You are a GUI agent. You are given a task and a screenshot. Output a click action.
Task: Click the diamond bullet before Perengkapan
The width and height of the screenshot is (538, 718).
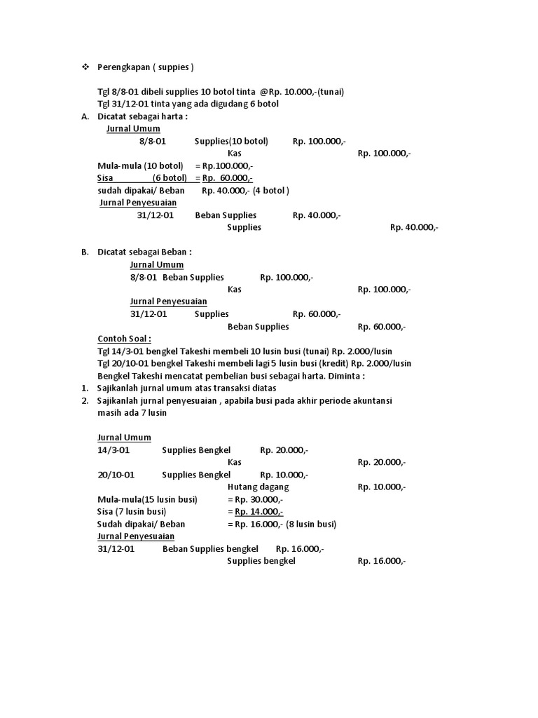point(85,67)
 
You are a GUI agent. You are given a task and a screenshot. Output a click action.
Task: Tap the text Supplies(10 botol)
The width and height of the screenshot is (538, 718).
point(231,141)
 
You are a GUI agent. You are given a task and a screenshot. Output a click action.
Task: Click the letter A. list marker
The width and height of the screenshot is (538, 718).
point(85,116)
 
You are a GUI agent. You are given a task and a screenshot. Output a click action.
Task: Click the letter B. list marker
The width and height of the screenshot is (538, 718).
point(85,252)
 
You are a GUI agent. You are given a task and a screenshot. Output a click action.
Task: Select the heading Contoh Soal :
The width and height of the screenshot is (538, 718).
point(125,339)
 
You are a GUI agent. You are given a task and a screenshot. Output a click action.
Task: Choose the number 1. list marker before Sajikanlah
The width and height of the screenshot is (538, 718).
point(84,388)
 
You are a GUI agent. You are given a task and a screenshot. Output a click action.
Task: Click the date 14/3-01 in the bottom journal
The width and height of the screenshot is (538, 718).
point(114,449)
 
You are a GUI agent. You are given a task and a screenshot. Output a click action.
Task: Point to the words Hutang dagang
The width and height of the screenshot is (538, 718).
point(258,487)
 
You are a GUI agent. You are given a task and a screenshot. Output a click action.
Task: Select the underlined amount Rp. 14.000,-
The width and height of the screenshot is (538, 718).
point(258,511)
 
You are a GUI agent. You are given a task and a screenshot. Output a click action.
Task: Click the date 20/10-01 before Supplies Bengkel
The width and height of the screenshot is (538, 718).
point(116,475)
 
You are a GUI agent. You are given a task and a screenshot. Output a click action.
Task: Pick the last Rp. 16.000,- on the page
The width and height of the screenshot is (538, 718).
point(382,561)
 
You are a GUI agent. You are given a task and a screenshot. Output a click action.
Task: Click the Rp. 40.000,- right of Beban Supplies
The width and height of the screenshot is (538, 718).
point(317,215)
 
